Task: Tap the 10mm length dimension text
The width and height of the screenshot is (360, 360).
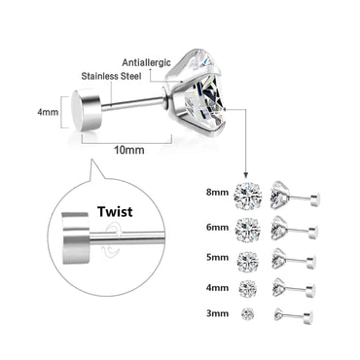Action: [129, 151]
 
